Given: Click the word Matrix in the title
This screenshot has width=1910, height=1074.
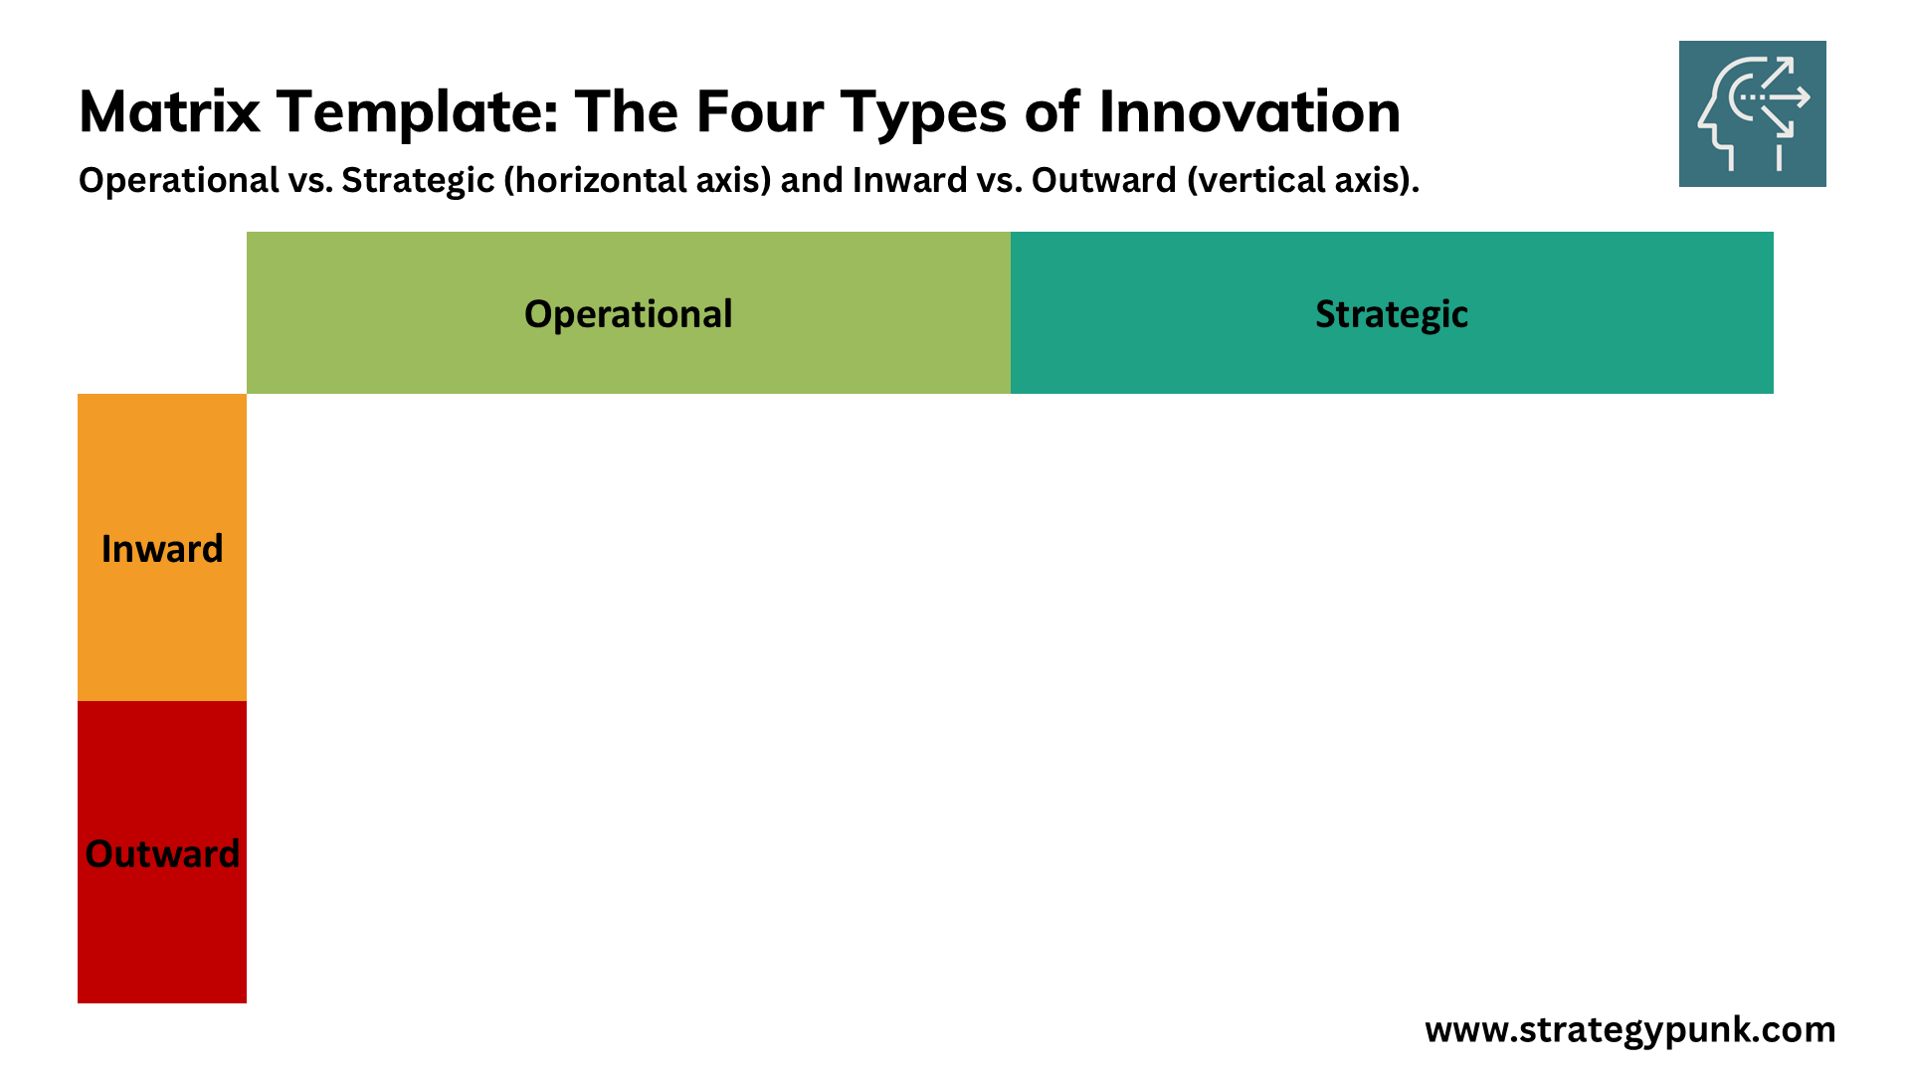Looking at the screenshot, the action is coord(169,111).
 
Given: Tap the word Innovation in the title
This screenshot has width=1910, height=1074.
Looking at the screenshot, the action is coord(1249,111).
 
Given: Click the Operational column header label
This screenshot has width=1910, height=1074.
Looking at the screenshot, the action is coord(629,314).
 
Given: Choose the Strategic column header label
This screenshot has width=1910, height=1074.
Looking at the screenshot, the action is coord(1392,314).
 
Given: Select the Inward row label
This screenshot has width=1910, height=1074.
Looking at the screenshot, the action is coord(162,549).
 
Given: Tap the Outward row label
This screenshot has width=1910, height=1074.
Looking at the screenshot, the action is coord(162,854).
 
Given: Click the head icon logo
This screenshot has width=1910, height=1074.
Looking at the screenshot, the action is coord(1753,113).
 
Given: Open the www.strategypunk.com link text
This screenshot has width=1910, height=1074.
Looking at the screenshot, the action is coord(1630,1030).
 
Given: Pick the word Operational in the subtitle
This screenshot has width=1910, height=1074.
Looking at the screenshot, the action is coord(179,181).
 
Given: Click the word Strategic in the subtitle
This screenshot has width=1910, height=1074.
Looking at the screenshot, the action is coord(418,181).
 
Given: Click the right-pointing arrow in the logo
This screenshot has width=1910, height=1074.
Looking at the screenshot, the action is coord(1775,97).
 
